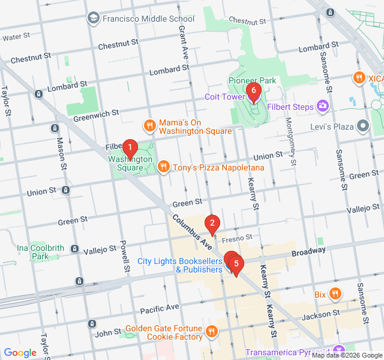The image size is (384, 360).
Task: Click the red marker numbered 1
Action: (x=129, y=148)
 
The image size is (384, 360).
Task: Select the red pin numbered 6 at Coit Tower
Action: (x=253, y=92)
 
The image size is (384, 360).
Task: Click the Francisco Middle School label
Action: (x=148, y=18)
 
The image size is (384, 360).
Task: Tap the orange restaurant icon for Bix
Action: (x=335, y=294)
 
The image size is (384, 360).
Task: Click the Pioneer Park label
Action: (x=252, y=80)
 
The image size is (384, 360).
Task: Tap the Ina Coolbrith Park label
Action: (x=40, y=252)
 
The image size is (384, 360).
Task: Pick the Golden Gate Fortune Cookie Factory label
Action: (x=164, y=332)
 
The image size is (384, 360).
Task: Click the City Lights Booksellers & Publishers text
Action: (x=180, y=265)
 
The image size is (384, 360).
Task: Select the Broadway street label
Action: (x=309, y=250)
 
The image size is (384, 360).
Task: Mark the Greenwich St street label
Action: (x=96, y=115)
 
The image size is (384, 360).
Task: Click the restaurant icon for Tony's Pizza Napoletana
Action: (x=163, y=167)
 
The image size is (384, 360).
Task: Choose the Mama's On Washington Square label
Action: (x=195, y=127)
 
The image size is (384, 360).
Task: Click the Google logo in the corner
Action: (x=20, y=353)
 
